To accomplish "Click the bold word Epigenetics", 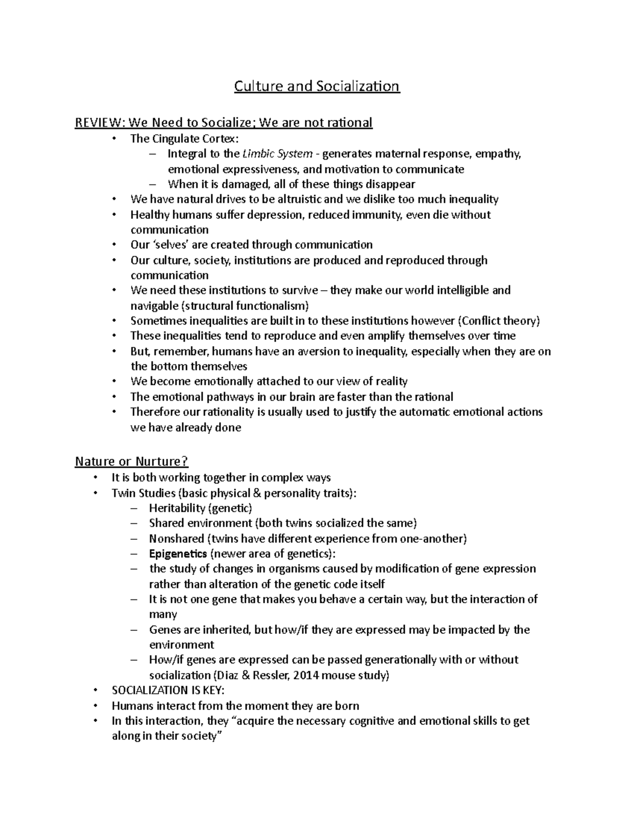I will pos(178,554).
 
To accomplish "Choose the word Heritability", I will pos(176,509).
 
